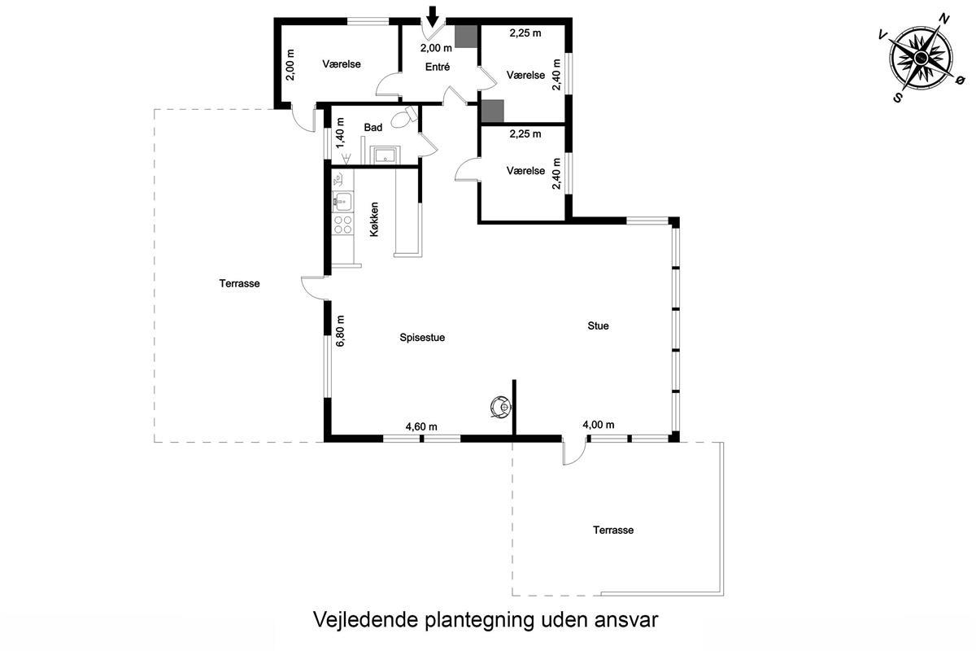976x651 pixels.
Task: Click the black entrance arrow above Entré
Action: (432, 17)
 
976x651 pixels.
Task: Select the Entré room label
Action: (438, 68)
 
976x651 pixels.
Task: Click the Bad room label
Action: (373, 127)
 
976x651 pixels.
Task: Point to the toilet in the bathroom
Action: (403, 117)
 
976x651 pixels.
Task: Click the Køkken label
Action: (374, 220)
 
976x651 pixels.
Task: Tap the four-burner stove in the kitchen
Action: (342, 225)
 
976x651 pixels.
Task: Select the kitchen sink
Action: (342, 201)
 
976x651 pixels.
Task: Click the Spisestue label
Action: (422, 338)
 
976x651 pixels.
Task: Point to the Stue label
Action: (598, 325)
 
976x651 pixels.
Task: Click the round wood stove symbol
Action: (500, 407)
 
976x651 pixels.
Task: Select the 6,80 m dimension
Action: (340, 331)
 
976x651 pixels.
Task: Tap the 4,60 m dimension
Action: (421, 426)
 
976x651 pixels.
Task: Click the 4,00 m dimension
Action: (599, 425)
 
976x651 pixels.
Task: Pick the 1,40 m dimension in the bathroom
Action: (340, 133)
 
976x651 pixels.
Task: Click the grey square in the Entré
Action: (466, 36)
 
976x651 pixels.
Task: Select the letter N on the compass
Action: (943, 20)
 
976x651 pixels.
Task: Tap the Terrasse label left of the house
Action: (239, 283)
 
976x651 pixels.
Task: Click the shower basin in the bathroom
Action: (385, 155)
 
